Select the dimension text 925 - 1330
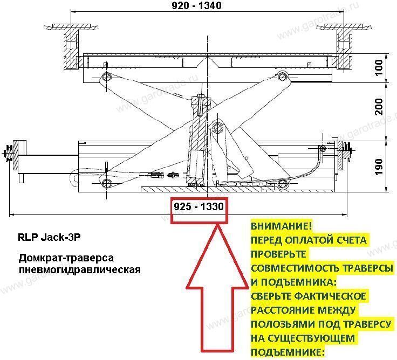point(198,206)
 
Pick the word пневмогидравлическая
point(79,268)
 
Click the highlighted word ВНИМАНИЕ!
point(281,226)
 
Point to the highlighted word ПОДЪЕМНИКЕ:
point(288,352)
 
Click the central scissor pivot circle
point(218,128)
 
